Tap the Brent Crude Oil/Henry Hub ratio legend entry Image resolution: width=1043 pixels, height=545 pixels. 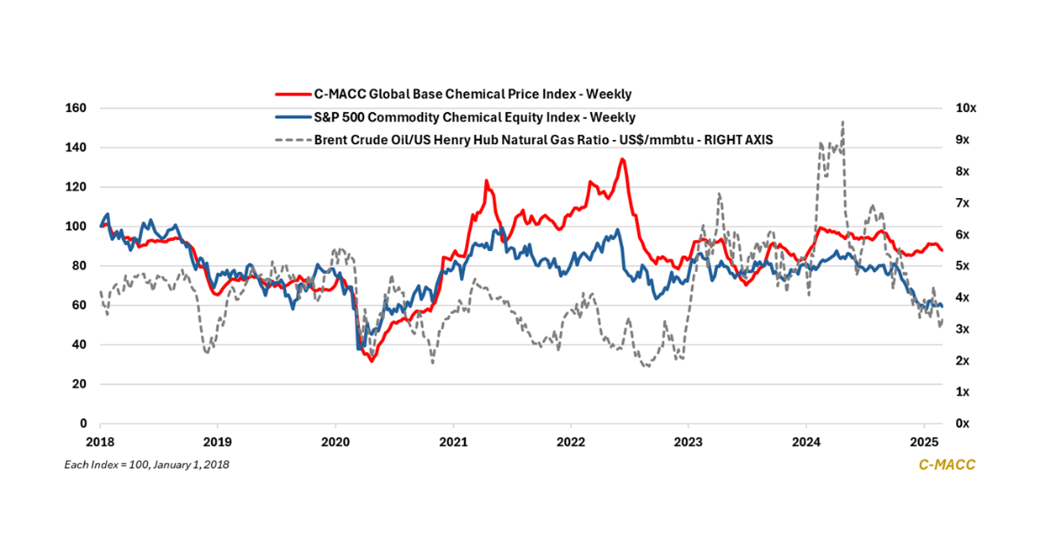[521, 138]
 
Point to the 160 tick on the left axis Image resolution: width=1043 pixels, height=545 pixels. [76, 109]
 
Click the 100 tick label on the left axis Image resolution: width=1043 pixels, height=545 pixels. [76, 227]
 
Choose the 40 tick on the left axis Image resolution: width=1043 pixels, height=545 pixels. [78, 345]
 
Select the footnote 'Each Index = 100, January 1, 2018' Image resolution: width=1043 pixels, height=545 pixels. [147, 465]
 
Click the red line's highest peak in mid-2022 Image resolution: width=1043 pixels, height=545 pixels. [622, 159]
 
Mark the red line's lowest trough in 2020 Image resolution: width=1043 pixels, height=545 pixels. [372, 360]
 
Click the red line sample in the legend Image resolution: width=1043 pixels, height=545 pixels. [292, 94]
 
